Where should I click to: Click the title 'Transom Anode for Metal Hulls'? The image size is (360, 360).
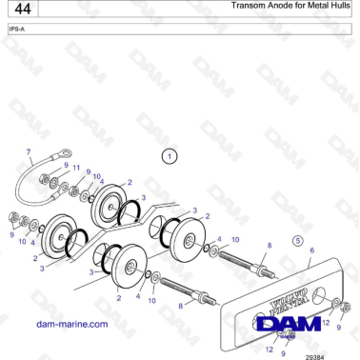(x=290, y=7)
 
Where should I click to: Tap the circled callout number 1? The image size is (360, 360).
(x=169, y=155)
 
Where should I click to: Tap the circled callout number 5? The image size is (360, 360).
(x=297, y=240)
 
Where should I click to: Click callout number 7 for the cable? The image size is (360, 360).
(x=29, y=152)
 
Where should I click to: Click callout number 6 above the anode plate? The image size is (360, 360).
(x=311, y=250)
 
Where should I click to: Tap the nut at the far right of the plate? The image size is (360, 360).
(x=346, y=307)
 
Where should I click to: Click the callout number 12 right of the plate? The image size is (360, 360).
(x=327, y=324)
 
